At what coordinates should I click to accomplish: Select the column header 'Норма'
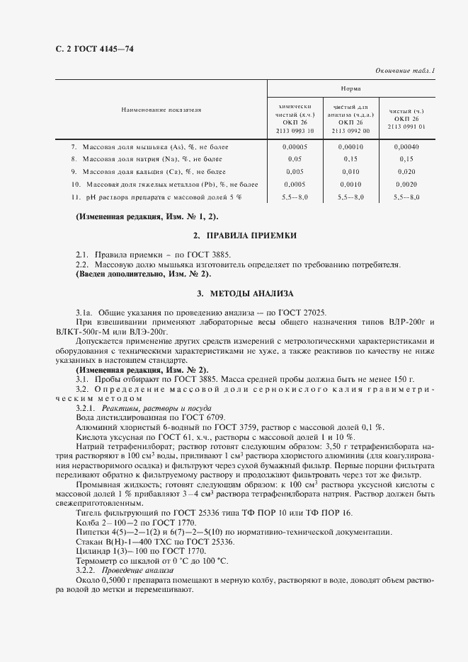(350, 89)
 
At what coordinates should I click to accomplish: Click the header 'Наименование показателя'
(161, 110)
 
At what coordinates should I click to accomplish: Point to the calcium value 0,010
(350, 171)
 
